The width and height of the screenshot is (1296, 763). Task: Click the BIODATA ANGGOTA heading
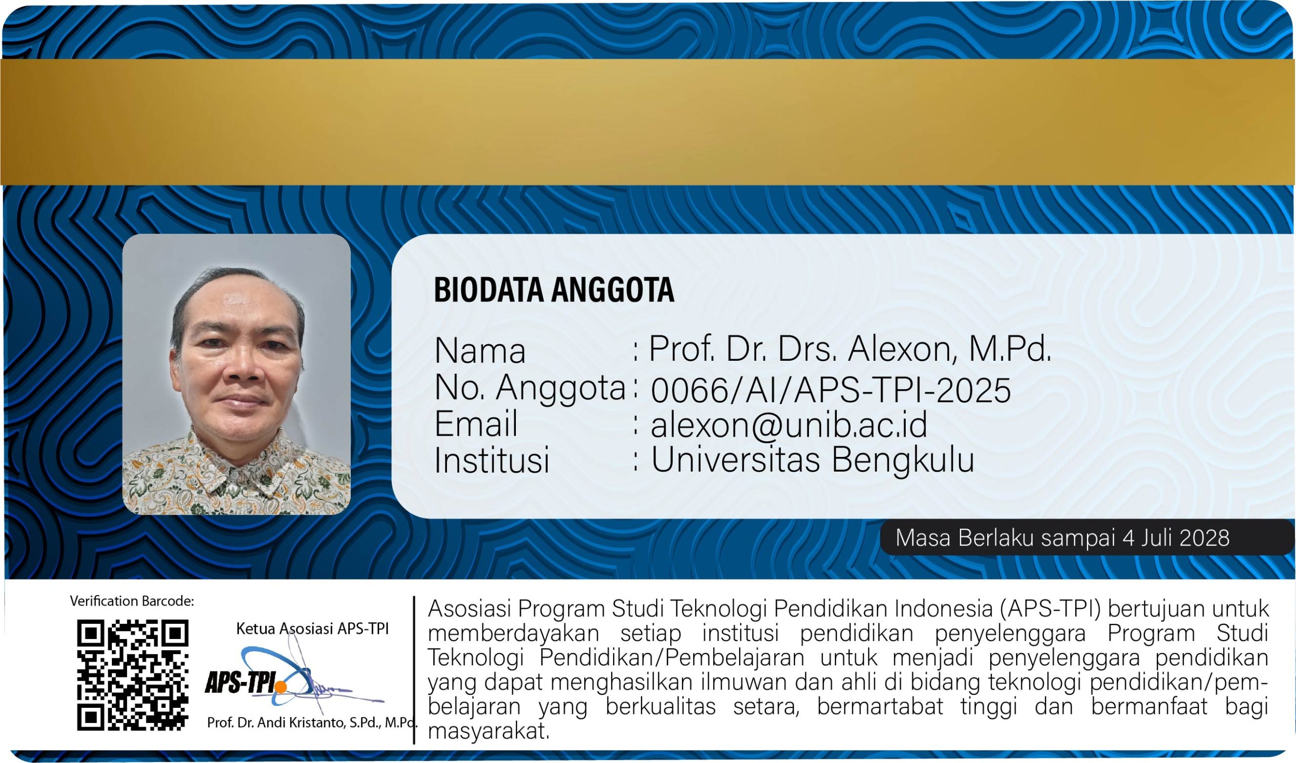(554, 290)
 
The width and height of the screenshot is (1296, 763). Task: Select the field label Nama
(480, 351)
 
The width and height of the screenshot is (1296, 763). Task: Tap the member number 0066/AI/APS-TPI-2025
(831, 390)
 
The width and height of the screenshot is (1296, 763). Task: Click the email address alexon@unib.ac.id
(789, 425)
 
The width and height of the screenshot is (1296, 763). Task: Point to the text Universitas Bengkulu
(813, 459)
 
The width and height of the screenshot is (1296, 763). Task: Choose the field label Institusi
(492, 459)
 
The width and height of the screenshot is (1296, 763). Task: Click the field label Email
(476, 424)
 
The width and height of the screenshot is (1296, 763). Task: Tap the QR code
(133, 675)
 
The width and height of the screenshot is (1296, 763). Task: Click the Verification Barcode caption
(132, 601)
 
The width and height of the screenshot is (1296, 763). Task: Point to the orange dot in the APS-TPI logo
(280, 686)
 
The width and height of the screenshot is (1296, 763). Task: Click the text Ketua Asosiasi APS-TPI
(312, 628)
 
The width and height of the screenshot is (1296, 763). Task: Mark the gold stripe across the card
(648, 122)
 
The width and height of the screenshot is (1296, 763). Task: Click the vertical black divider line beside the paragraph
(414, 670)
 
